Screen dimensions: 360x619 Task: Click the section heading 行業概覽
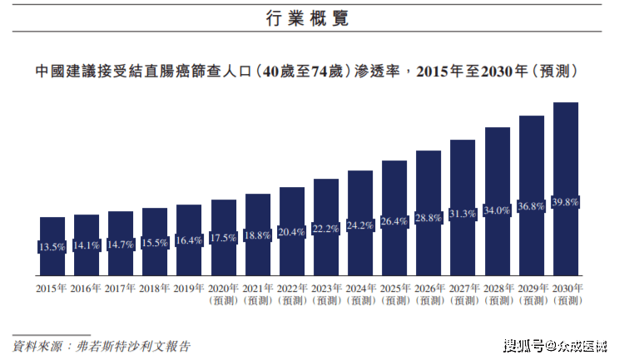click(x=308, y=17)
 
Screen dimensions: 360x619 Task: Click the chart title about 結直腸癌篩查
click(x=307, y=72)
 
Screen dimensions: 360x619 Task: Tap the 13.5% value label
click(x=52, y=247)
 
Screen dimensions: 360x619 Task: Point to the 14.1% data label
click(x=87, y=245)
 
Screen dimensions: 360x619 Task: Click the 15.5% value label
click(x=155, y=242)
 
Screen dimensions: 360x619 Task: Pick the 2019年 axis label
click(x=189, y=288)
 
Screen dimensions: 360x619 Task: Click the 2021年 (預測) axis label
click(x=258, y=294)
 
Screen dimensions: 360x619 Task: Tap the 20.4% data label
click(x=292, y=232)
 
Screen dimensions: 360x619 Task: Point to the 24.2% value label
click(x=360, y=225)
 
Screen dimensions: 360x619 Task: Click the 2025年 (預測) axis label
click(x=394, y=294)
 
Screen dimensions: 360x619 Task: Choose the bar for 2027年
click(x=463, y=208)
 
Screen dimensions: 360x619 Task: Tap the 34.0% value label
click(x=497, y=210)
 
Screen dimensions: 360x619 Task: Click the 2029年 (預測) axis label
click(x=532, y=294)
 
